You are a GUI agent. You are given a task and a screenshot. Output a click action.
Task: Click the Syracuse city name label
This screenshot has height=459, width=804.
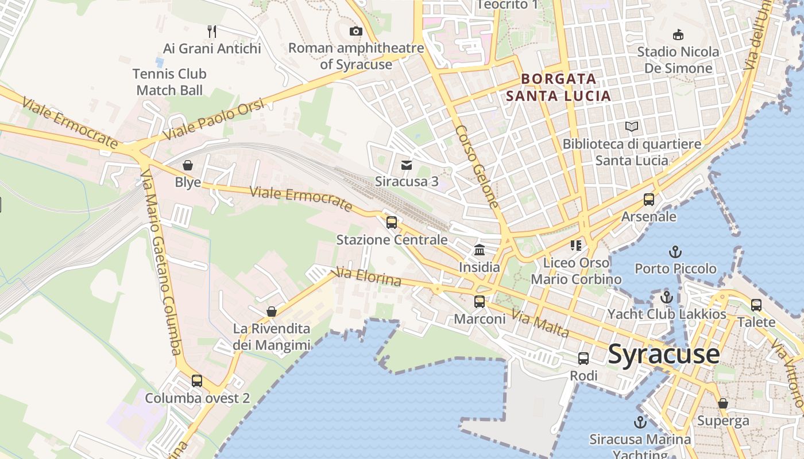pos(663,353)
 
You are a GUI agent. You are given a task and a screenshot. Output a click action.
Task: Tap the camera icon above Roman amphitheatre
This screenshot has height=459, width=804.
pos(356,31)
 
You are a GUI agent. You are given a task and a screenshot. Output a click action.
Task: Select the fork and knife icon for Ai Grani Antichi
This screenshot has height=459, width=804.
pos(212,31)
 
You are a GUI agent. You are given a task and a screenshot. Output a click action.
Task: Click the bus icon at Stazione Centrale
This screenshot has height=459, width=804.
pos(392,222)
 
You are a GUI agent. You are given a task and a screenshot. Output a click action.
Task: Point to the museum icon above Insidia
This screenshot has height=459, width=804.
pos(480,250)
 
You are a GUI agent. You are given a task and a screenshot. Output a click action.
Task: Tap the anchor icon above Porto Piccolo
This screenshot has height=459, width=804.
pos(675,251)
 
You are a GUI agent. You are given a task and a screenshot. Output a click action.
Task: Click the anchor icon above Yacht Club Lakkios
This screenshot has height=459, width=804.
pos(666,297)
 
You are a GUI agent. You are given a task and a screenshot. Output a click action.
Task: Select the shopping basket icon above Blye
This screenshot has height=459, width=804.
pos(188,165)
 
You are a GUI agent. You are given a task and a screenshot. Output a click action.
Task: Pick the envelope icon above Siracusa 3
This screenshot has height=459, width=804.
pos(407,165)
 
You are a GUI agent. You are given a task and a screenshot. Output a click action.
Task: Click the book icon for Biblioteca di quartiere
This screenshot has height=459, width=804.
pos(632,126)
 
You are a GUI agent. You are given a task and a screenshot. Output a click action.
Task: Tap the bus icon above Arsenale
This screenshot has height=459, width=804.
pos(649,200)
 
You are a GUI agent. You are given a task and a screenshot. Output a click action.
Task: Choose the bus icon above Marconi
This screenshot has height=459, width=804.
pos(479,301)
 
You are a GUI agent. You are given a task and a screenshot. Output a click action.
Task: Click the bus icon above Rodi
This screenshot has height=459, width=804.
pos(583,359)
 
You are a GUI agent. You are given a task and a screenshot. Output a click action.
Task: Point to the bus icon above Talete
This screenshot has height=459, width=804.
pos(756,305)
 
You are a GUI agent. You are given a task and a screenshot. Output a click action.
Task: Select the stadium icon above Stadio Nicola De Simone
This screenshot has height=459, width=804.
pos(678,34)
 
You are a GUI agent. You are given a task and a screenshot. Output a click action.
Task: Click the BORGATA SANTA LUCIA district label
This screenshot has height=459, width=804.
pos(559,87)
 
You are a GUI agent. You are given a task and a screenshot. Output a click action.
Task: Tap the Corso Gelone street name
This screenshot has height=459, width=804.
pos(477,166)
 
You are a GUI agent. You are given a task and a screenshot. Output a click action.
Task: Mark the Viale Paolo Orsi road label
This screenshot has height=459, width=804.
pos(214,119)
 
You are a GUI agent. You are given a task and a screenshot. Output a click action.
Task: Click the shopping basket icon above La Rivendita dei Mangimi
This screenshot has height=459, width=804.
pos(272,312)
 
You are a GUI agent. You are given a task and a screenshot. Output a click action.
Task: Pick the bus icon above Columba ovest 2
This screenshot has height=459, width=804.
pos(197,380)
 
